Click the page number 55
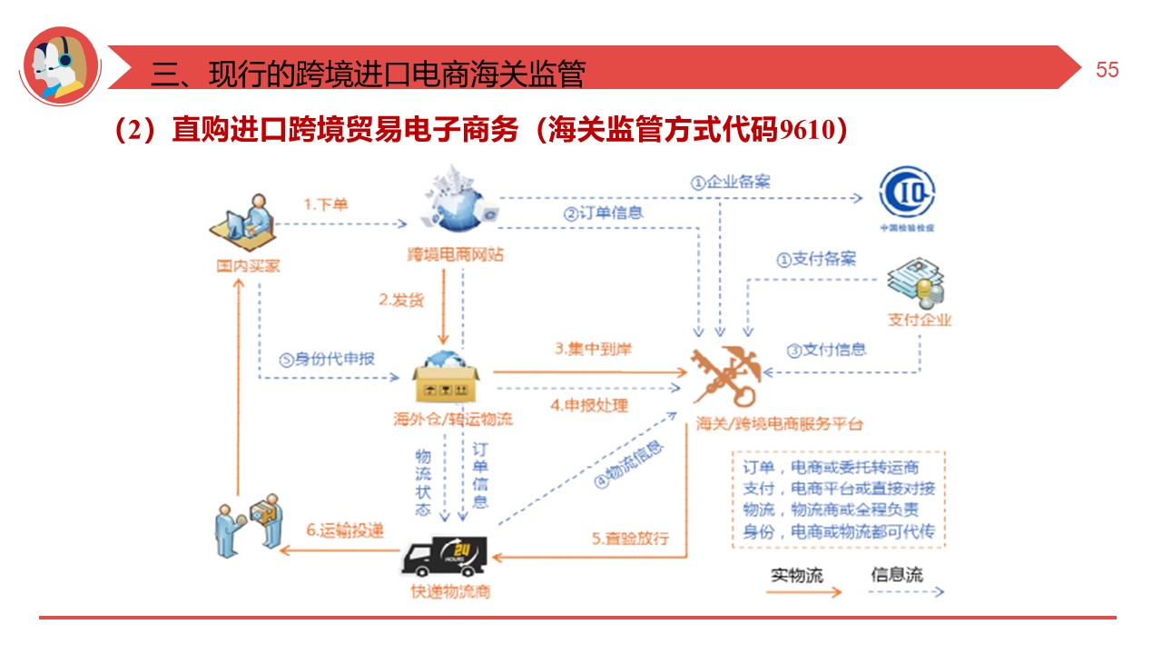(x=1107, y=71)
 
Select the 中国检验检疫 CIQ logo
(x=907, y=195)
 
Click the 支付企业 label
(x=920, y=320)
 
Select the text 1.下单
(x=325, y=204)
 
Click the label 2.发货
(x=401, y=299)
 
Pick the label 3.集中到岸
(x=594, y=349)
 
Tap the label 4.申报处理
(x=589, y=405)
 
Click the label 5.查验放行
(x=631, y=538)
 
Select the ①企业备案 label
(x=730, y=182)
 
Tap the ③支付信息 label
(x=826, y=350)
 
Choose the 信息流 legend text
(x=896, y=574)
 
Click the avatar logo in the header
(x=60, y=65)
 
